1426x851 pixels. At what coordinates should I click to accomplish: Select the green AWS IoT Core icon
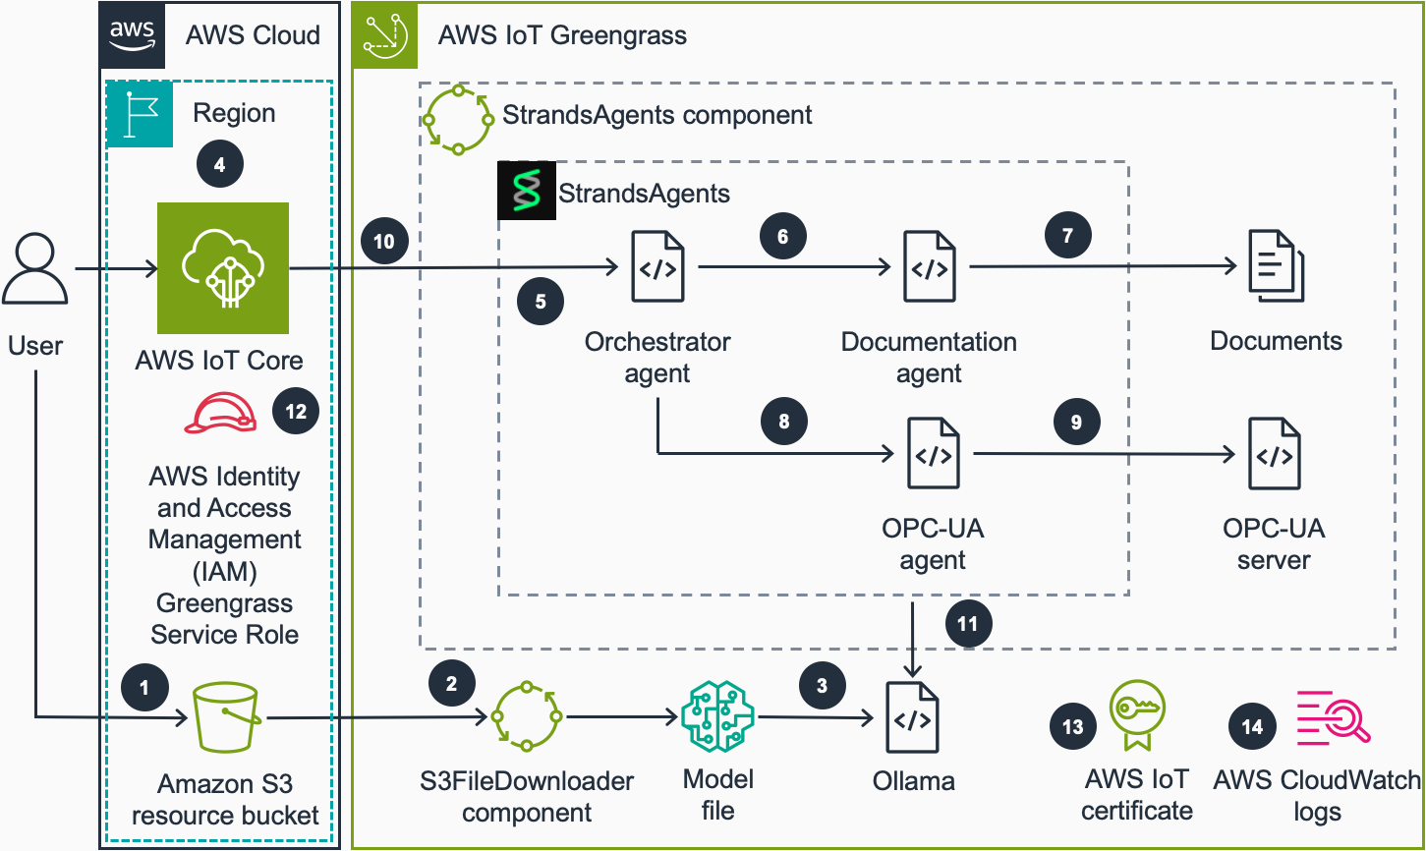pos(223,268)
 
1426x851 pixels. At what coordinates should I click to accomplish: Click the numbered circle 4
pos(219,164)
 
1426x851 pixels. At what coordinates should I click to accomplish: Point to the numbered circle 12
pos(296,412)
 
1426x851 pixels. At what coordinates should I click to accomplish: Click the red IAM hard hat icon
pos(221,413)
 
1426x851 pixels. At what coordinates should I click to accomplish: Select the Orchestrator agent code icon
pos(657,267)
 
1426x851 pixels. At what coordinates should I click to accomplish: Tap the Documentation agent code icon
pos(930,267)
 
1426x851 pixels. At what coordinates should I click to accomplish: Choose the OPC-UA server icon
pos(1275,454)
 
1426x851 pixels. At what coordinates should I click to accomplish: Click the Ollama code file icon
pos(913,719)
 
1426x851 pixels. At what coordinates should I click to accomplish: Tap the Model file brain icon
pos(717,718)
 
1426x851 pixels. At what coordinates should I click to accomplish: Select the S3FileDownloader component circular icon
pos(527,718)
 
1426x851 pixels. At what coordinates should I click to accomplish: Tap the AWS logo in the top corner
pos(132,34)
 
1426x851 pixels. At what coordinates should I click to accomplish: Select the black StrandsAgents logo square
pos(527,190)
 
